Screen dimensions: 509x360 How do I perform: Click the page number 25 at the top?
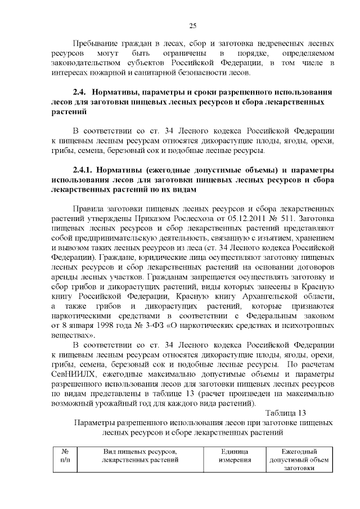click(x=192, y=25)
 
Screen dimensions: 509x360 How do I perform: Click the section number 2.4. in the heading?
click(x=81, y=92)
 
